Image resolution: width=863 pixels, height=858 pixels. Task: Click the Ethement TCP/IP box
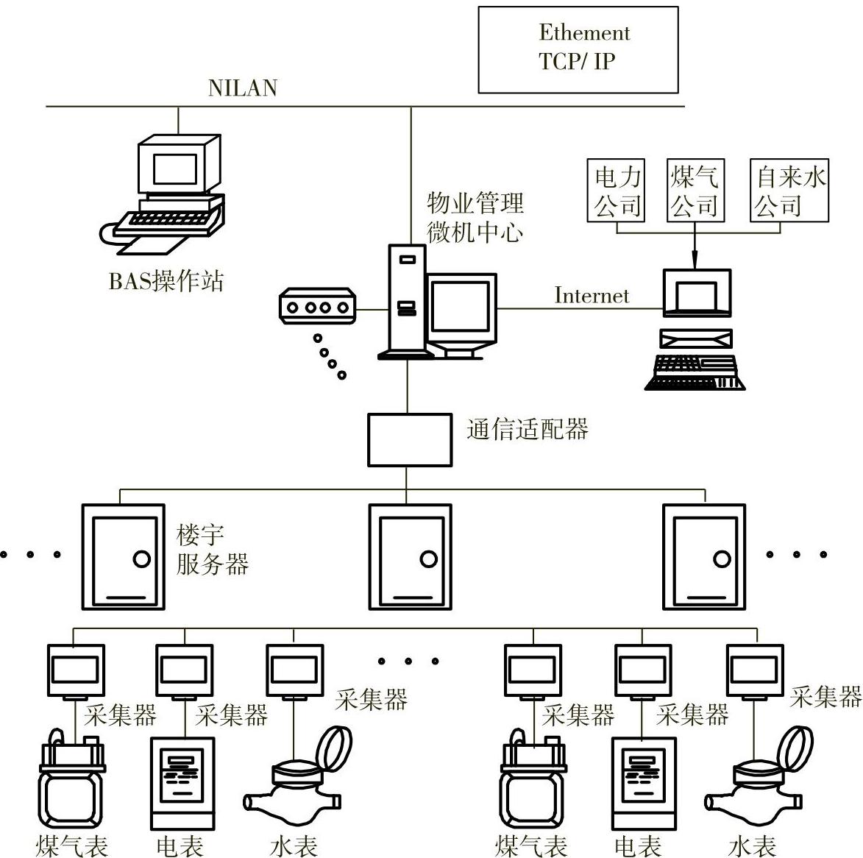point(578,49)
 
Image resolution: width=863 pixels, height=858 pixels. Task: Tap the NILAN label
point(243,88)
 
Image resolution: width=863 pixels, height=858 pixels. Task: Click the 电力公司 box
point(617,191)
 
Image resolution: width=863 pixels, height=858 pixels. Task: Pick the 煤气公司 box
point(695,191)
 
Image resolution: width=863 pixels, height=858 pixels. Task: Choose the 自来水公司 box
point(790,191)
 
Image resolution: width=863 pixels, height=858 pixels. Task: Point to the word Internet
point(592,296)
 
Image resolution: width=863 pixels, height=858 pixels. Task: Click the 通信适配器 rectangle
point(410,440)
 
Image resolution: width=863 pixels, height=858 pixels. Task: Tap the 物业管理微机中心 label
point(475,217)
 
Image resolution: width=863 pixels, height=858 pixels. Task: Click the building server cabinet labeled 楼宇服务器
point(123,556)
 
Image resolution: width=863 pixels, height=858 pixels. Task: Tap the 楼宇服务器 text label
point(212,550)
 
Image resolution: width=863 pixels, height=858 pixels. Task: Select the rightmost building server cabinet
point(704,556)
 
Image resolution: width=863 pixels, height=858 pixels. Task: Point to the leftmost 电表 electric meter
point(182,784)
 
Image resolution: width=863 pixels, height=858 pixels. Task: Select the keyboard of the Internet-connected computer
point(696,372)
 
